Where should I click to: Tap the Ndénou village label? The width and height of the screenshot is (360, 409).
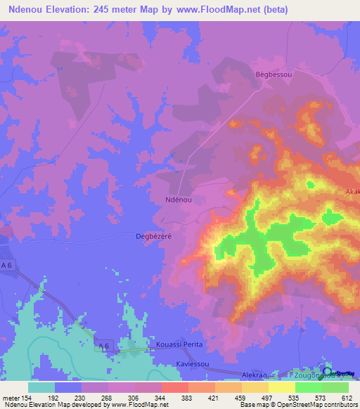179,200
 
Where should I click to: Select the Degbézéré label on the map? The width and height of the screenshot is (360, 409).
154,237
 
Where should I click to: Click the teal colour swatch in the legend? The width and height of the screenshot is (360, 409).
41,387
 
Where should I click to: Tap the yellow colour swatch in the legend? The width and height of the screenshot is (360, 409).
281,387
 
